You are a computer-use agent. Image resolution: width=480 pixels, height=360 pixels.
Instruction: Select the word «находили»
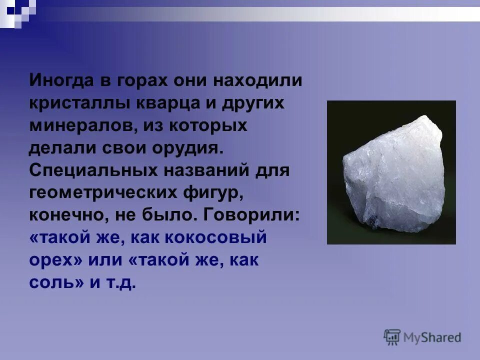tap(258, 80)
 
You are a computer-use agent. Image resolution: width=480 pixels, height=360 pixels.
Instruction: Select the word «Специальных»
tap(91, 170)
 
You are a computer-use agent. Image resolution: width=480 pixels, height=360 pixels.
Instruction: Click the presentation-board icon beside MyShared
tap(392, 336)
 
